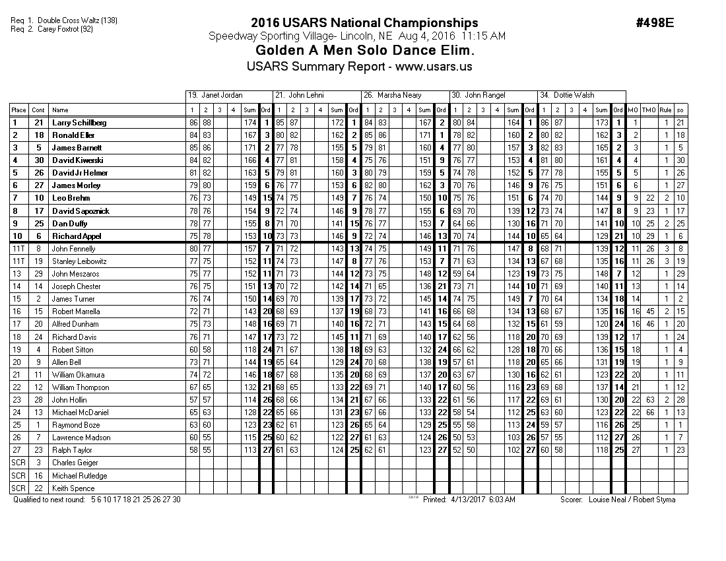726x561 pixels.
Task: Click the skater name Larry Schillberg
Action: (79, 123)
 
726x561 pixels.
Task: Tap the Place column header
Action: (18, 110)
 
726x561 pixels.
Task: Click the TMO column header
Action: (649, 110)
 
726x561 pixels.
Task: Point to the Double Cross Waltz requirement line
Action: (65, 20)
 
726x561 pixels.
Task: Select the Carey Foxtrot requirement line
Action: (57, 29)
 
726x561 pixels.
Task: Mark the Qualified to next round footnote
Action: (97, 500)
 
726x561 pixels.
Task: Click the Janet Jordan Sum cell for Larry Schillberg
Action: (250, 123)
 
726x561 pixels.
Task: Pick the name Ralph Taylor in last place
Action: (73, 450)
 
